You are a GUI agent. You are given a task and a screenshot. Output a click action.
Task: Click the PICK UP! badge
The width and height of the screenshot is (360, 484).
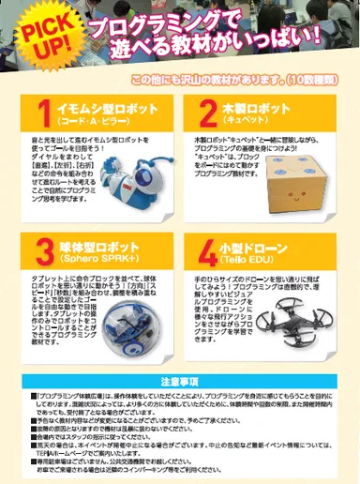[x=37, y=38]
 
